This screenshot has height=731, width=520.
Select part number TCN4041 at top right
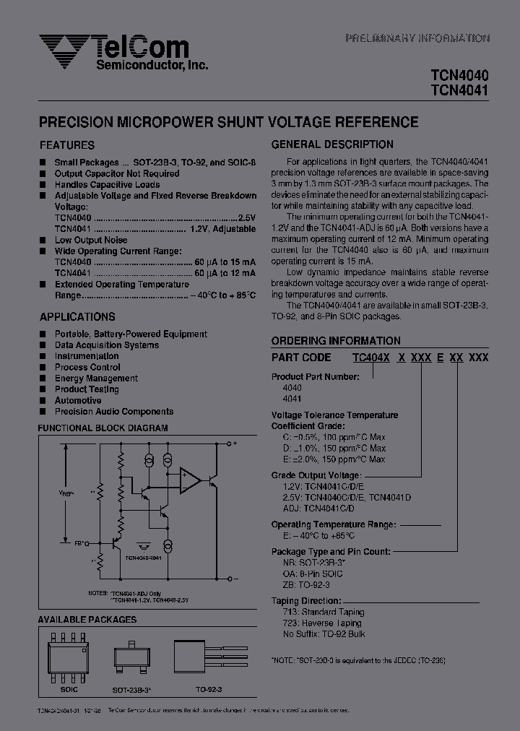point(459,90)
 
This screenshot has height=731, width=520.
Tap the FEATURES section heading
point(66,144)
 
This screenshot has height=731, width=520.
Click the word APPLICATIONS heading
point(77,316)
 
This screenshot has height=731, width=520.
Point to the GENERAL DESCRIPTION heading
point(332,144)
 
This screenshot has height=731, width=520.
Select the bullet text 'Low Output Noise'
point(91,240)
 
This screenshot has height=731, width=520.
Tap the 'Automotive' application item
point(78,400)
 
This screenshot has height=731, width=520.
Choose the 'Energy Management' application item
point(96,378)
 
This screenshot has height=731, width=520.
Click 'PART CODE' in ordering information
point(301,357)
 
